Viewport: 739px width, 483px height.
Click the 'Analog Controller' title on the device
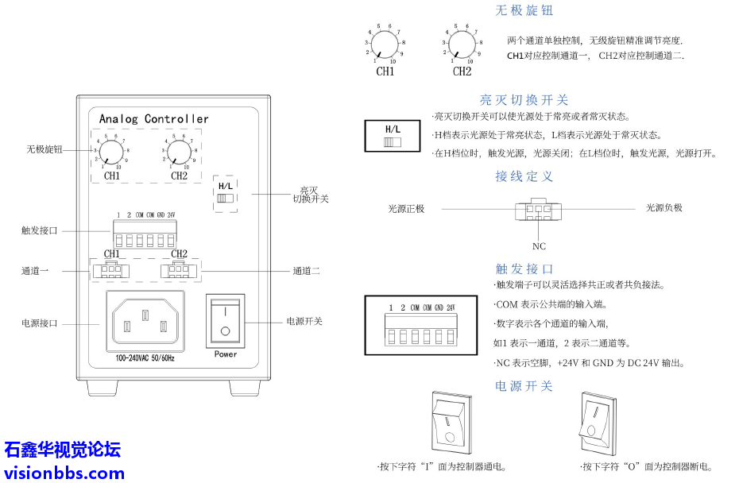pos(153,119)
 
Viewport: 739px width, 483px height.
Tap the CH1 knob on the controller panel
pos(112,150)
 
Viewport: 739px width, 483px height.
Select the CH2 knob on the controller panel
pos(179,150)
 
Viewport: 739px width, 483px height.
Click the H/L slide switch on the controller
pos(226,197)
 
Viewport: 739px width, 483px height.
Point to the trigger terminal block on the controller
pos(144,234)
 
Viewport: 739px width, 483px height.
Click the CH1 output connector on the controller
pos(111,271)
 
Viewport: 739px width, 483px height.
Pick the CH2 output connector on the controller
pos(179,271)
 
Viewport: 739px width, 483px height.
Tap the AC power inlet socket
pos(144,322)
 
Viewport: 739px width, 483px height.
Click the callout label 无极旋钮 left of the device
pos(44,149)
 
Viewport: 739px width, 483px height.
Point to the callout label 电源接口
pos(40,323)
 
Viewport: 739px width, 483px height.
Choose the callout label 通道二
pos(306,271)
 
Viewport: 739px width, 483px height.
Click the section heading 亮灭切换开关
pos(524,100)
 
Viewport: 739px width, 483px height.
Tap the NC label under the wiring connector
pos(539,246)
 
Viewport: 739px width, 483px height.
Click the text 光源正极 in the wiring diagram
pos(406,209)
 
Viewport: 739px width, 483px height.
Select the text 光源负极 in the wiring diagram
pos(664,208)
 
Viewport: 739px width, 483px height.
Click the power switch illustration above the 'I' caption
pos(450,420)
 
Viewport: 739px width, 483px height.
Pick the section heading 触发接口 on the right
pos(524,269)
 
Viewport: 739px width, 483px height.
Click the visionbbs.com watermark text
pos(64,473)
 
